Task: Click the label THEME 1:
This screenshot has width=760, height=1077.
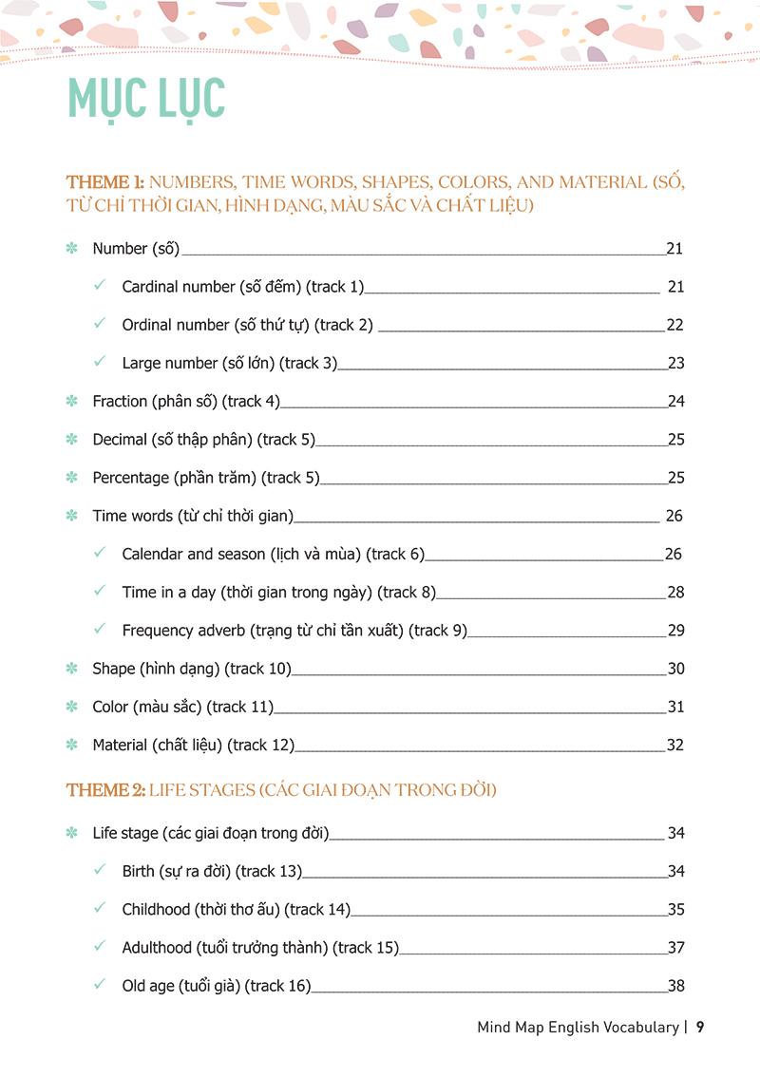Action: tap(104, 182)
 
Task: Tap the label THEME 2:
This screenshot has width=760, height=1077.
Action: tap(105, 790)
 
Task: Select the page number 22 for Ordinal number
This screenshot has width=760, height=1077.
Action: tap(674, 325)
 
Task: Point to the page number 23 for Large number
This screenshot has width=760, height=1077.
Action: tap(675, 363)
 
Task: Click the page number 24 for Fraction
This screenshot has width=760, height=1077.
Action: tap(675, 402)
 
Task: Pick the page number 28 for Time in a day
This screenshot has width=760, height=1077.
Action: tap(675, 593)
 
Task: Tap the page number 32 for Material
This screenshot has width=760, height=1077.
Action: tap(674, 746)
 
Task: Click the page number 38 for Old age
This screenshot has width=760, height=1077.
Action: tap(675, 986)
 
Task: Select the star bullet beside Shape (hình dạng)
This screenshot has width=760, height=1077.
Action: tap(71, 669)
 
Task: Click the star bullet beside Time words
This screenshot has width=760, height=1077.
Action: tap(71, 516)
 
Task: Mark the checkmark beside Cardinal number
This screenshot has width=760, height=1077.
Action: tap(100, 285)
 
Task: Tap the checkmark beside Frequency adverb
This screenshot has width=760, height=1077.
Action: tap(100, 629)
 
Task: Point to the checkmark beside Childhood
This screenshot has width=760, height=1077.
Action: tap(100, 908)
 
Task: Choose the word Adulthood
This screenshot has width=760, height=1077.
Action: tap(157, 948)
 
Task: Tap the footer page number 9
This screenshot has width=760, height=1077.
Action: tap(700, 1027)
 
